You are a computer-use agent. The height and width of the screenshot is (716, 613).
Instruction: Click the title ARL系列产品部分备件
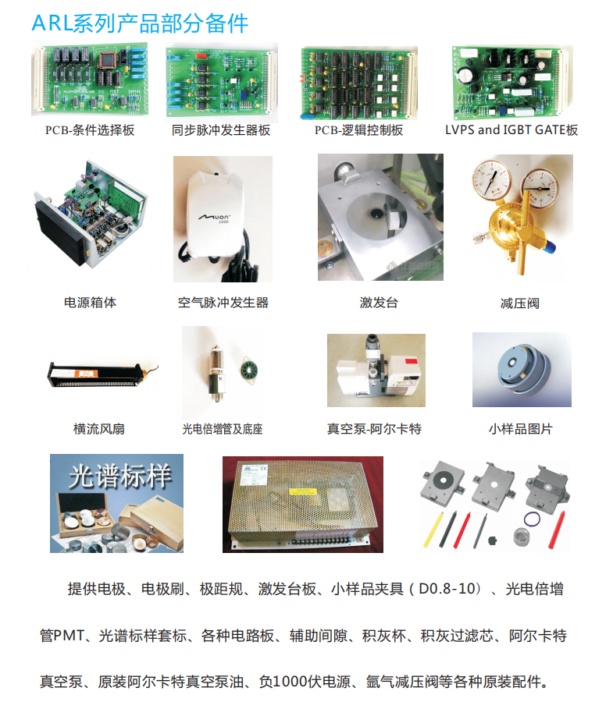(140, 23)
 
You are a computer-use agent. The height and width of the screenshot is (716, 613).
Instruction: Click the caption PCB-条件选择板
(90, 130)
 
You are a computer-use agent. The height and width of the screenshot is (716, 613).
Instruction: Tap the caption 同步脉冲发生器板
(221, 130)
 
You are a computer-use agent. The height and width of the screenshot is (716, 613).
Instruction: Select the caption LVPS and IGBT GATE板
(511, 129)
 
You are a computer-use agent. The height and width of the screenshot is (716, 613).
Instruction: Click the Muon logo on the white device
(214, 218)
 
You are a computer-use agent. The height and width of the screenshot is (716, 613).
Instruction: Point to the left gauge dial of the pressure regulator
(491, 178)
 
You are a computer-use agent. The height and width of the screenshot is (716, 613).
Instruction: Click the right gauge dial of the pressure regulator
(540, 187)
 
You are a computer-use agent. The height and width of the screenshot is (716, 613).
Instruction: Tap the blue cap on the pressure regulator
(550, 247)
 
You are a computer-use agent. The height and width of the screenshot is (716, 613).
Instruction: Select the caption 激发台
(379, 303)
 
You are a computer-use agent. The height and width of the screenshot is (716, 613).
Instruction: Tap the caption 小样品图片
(521, 429)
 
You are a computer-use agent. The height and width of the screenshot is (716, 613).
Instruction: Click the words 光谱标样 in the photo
(120, 476)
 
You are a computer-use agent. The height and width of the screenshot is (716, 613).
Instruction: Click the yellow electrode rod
(433, 530)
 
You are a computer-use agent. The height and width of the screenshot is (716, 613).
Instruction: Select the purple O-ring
(532, 519)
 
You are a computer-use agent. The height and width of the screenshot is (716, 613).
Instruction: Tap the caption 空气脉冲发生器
(223, 303)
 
